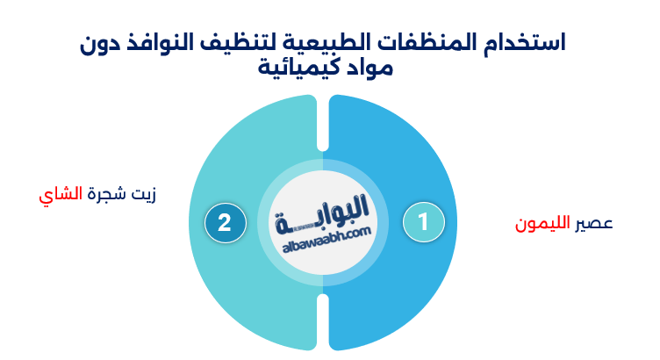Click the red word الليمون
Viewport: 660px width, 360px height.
[x=542, y=224]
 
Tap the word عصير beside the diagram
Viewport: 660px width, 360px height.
[x=594, y=224]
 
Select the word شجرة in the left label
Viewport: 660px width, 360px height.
[x=104, y=194]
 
